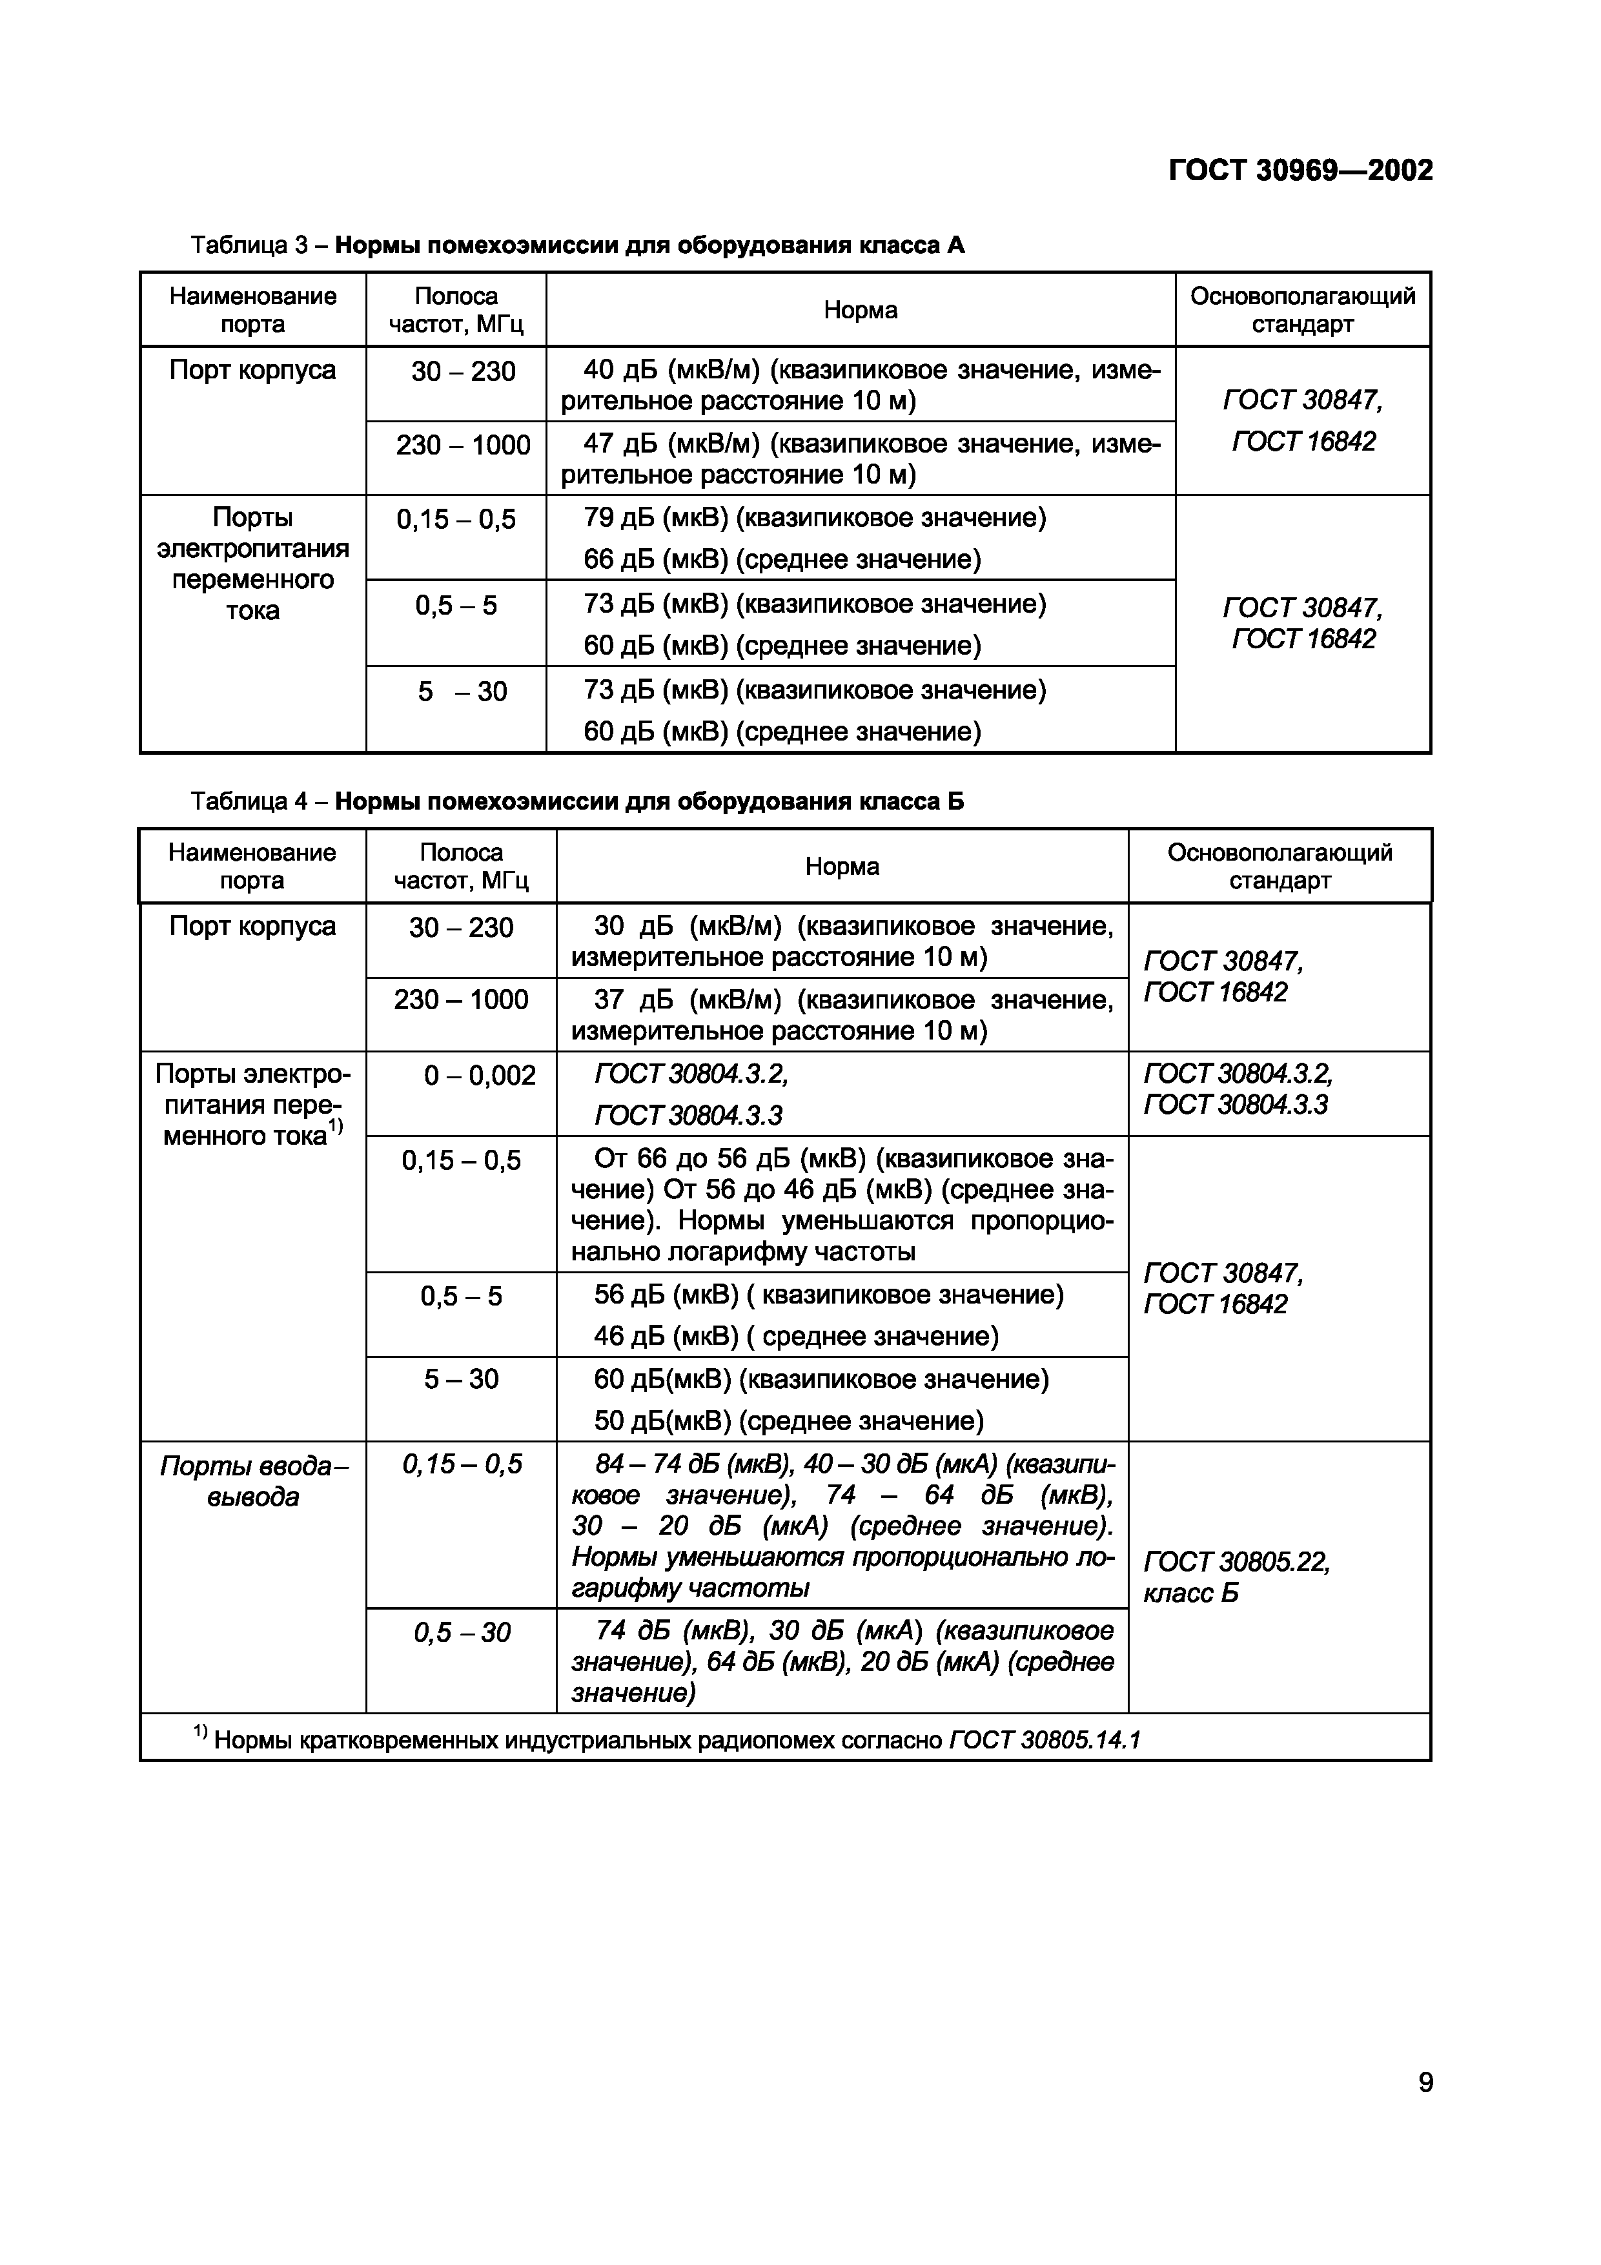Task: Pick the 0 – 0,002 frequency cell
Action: pos(480,1075)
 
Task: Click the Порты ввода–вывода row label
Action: pos(254,1482)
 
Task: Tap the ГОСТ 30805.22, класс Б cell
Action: pos(1236,1577)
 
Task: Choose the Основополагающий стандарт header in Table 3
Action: pos(1302,310)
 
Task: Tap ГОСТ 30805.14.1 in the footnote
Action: pos(1044,1739)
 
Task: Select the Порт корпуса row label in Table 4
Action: pos(252,927)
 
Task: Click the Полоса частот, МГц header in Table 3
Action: pos(456,310)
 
